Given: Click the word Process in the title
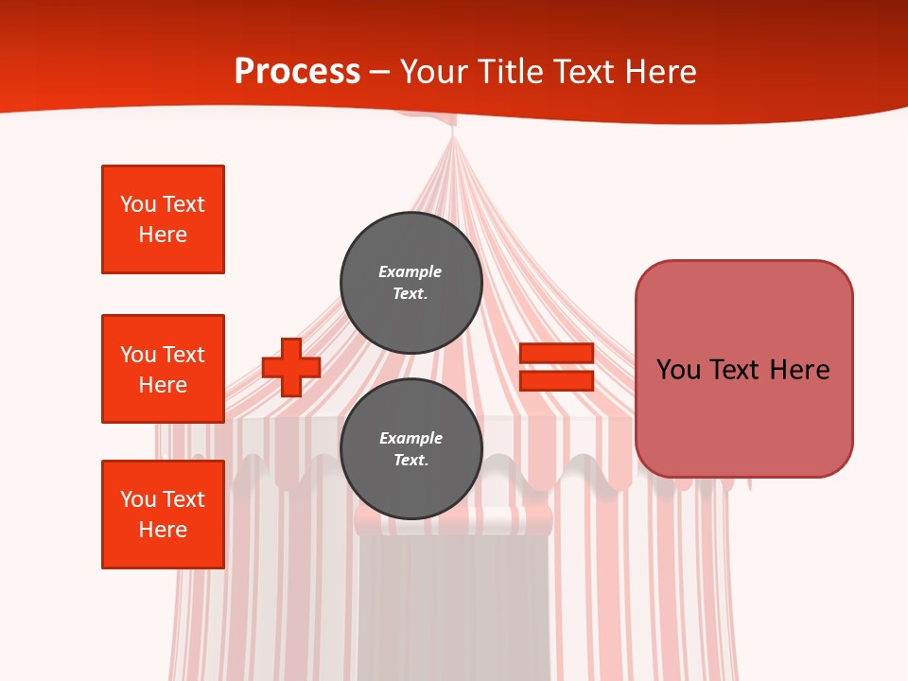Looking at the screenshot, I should tap(297, 72).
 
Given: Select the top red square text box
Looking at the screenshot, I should tap(163, 219).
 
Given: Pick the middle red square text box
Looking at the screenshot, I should tap(163, 369).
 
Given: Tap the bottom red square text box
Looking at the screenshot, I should tap(163, 515).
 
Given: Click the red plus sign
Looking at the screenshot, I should tap(290, 367).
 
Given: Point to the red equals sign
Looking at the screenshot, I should tap(556, 367).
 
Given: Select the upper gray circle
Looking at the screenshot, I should tap(411, 283).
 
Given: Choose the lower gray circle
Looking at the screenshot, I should tap(411, 449).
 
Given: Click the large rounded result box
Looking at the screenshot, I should tap(743, 369).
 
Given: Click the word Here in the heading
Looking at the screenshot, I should tap(659, 72).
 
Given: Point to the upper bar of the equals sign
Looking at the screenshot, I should tap(556, 354).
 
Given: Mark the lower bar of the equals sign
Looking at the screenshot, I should tap(556, 380).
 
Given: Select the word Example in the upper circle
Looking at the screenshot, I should tap(410, 271).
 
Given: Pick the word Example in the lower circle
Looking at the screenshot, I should tap(410, 438).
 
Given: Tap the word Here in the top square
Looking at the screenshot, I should tap(163, 235).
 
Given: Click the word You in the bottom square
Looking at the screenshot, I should tap(138, 499).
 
